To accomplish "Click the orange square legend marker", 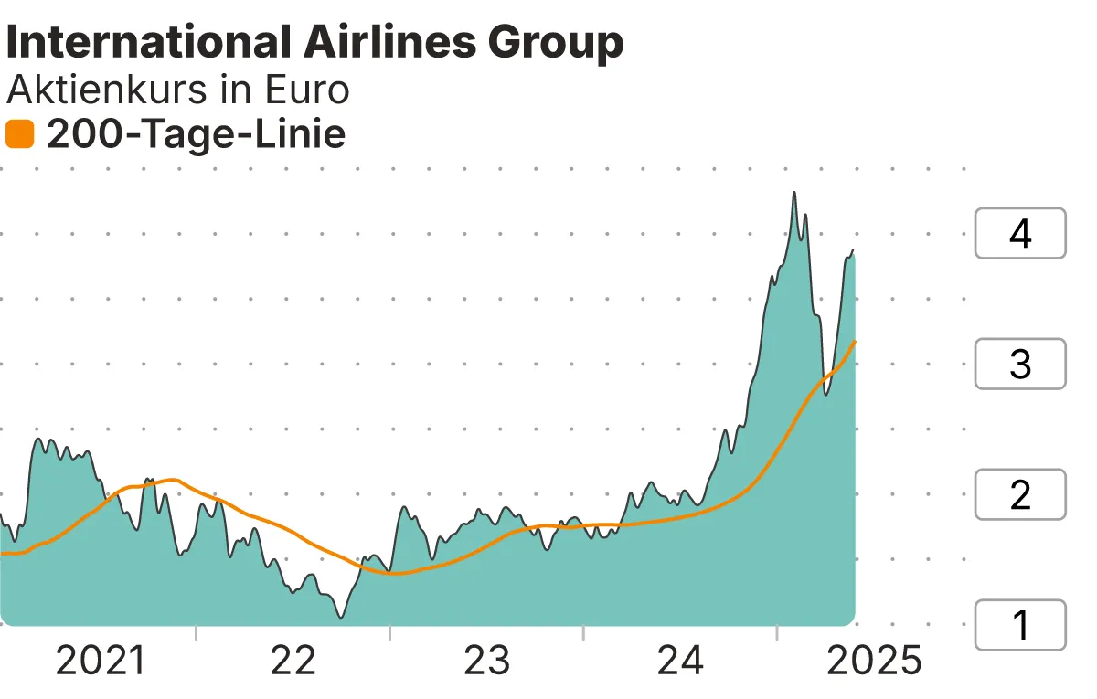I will point(19,135).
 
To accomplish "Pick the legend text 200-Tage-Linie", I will point(196,135).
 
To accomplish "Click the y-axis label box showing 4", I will point(1020,234).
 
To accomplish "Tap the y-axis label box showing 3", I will point(1020,365).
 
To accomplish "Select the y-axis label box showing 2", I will point(1020,494).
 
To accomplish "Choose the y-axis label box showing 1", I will point(1020,625).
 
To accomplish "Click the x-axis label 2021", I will point(101,660).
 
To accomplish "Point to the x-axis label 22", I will point(293,660).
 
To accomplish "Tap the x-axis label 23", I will point(487,660).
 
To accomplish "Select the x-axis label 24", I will point(681,660).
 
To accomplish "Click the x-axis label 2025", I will point(874,660).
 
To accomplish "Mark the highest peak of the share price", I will point(793,193).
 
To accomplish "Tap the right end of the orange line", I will point(855,342).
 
